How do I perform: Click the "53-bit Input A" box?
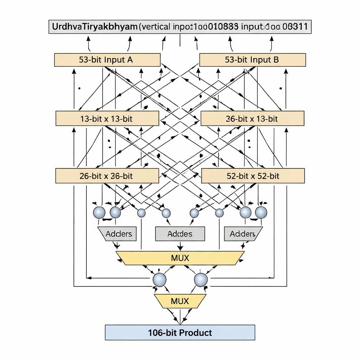point(107,60)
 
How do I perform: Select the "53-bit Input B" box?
point(252,60)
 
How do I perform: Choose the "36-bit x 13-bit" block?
point(252,119)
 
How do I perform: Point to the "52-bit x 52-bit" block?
point(253,176)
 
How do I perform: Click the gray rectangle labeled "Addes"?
point(180,234)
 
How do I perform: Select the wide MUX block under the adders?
point(180,258)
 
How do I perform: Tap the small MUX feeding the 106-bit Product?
point(180,301)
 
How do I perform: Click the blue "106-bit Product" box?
point(180,333)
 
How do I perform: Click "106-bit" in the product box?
point(163,333)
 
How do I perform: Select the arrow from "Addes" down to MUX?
point(180,246)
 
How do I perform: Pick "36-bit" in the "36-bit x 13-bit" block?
point(235,119)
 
